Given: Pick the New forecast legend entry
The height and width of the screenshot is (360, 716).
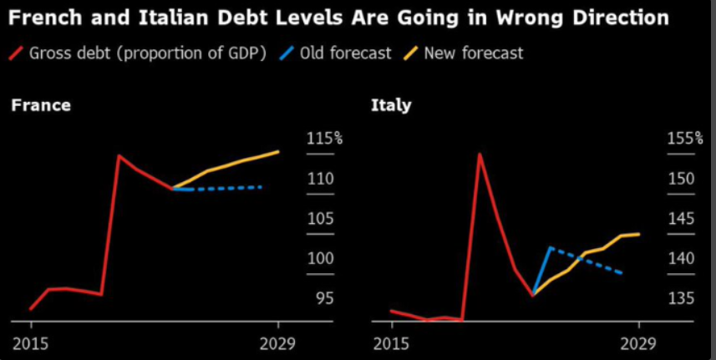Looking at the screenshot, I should pyautogui.click(x=473, y=53).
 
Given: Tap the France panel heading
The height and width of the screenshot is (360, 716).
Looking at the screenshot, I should pyautogui.click(x=40, y=105).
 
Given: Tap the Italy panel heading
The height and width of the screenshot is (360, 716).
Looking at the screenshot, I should pyautogui.click(x=390, y=105).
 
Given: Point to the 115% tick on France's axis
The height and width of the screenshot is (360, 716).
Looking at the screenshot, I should pyautogui.click(x=324, y=139).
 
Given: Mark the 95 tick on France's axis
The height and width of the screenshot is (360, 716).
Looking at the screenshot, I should pyautogui.click(x=323, y=298).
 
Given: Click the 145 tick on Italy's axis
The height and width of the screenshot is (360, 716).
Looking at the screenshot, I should pyautogui.click(x=681, y=219).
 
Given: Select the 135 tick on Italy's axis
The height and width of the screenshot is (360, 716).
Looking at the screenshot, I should pyautogui.click(x=681, y=298).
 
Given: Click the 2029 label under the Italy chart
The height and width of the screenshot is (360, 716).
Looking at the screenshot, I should pyautogui.click(x=639, y=343).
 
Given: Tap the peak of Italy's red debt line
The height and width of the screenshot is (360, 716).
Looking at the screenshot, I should pyautogui.click(x=480, y=154).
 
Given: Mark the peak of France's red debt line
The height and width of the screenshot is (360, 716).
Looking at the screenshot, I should pyautogui.click(x=119, y=155).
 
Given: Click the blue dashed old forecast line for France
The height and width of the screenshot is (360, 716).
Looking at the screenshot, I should pyautogui.click(x=226, y=188).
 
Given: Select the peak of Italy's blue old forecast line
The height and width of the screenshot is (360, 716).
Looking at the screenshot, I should pyautogui.click(x=550, y=247).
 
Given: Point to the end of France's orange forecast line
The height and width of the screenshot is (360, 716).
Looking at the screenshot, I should pyautogui.click(x=278, y=151).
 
